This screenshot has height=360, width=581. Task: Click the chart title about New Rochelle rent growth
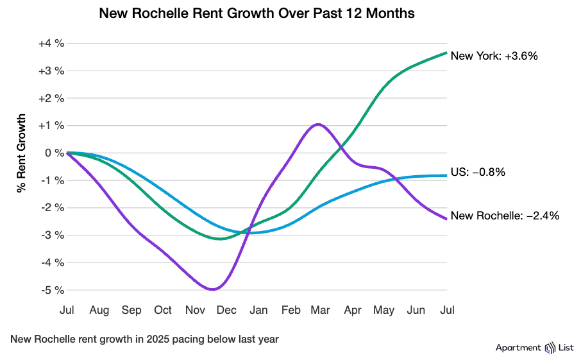pyautogui.click(x=257, y=13)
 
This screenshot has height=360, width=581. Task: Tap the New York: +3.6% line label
pyautogui.click(x=494, y=56)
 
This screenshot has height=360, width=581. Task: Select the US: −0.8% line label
pyautogui.click(x=478, y=172)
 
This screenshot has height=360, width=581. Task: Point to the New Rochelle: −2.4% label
pyautogui.click(x=505, y=216)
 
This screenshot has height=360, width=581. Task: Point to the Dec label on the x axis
pyautogui.click(x=226, y=311)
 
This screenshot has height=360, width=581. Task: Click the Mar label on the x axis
pyautogui.click(x=320, y=311)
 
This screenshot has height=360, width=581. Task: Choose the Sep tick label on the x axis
pyautogui.click(x=131, y=311)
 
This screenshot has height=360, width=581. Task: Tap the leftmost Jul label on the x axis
pyautogui.click(x=67, y=311)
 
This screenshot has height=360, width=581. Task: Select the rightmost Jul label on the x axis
pyautogui.click(x=447, y=311)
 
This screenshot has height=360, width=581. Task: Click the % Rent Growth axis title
pyautogui.click(x=22, y=153)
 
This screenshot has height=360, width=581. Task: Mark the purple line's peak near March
pyautogui.click(x=319, y=124)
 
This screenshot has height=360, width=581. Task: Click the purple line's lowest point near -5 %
pyautogui.click(x=212, y=289)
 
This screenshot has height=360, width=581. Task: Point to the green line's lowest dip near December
pyautogui.click(x=221, y=239)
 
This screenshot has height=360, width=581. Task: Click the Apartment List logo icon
pyautogui.click(x=550, y=348)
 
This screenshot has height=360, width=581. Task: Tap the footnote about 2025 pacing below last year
pyautogui.click(x=144, y=339)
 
